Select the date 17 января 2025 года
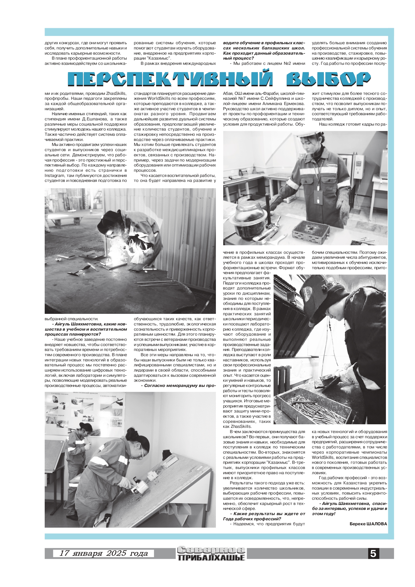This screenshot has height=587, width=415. coord(104,553)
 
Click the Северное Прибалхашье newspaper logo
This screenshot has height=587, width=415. coord(211,553)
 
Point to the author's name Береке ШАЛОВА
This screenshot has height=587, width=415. coord(368,524)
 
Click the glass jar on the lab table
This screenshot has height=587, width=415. coord(247,217)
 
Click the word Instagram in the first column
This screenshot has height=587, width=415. coord(54,176)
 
